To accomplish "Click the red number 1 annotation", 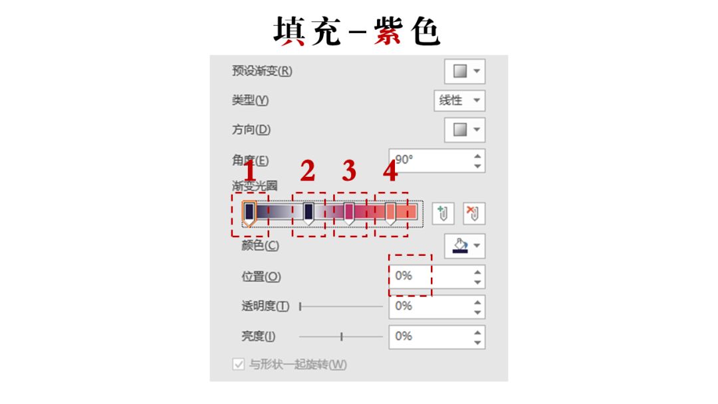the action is pos(249,171).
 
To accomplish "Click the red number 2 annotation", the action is pos(308,171).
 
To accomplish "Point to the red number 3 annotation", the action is pos(349,171).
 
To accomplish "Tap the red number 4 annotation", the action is pos(390,171).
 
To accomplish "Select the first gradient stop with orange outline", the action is pos(249,214).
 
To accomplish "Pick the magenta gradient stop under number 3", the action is pos(349,214).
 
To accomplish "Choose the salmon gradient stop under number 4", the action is pos(390,214).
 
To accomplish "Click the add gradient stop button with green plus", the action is pos(443,214).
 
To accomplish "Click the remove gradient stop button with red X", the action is pos(473,214).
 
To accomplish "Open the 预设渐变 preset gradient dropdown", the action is pos(464,71).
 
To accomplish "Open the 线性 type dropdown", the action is pos(459,100).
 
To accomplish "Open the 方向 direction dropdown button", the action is pos(464,130).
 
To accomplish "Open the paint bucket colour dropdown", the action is pos(464,246).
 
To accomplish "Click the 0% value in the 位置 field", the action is pos(404,276).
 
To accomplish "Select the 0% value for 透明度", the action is pos(404,306).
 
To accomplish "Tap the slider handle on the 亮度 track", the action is pos(342,337).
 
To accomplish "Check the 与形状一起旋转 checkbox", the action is pos(238,365).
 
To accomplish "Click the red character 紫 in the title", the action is pos(388,31).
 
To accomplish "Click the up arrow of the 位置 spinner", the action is pos(477,272).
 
